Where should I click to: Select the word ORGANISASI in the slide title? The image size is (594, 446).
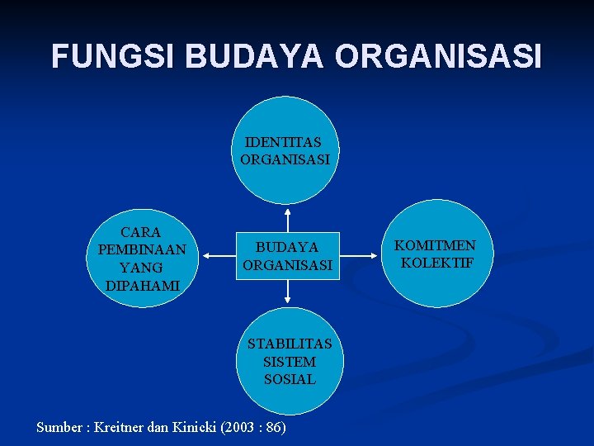point(439,56)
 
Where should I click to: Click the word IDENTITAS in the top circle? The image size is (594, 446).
point(284,142)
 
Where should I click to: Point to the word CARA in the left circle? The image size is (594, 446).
point(141,232)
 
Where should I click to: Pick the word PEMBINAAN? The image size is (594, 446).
point(141,249)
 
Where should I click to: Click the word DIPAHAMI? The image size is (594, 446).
point(141,286)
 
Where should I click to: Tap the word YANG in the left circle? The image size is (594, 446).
point(141,268)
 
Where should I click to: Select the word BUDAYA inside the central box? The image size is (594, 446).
point(287,247)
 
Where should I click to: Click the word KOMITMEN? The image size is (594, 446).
point(435,245)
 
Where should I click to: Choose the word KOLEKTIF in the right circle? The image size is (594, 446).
point(436,263)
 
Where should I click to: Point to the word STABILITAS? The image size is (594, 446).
point(290,344)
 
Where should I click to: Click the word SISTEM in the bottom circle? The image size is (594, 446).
point(290,362)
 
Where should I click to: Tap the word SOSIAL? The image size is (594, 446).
point(290,380)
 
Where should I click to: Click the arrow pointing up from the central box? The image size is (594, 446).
point(287,218)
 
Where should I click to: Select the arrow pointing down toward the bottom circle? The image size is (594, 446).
point(287,292)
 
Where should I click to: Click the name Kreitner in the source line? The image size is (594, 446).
point(122,427)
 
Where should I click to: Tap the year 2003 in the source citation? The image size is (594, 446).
point(240,427)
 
